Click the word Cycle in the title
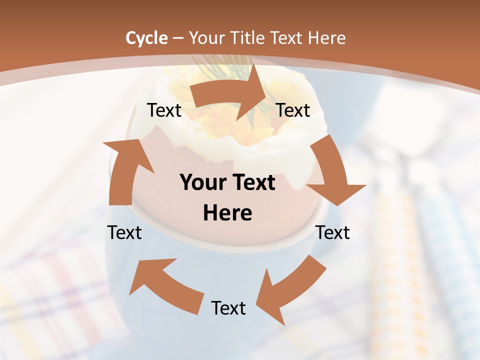coord(146,38)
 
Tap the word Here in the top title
coord(327,38)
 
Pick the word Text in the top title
coord(287,38)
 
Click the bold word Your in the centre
coord(201,183)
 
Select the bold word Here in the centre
coord(227,213)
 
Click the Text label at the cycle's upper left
coord(164,110)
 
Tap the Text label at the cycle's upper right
coord(293,110)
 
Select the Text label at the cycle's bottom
coord(228,308)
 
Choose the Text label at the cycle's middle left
coord(124,232)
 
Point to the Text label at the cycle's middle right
coord(333,232)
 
